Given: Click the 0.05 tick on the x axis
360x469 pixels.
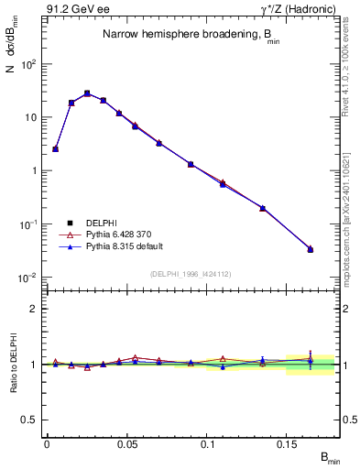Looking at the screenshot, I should [126, 443].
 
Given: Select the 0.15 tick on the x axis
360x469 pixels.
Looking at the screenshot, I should [287, 443].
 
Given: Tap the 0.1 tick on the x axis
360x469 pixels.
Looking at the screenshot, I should [207, 443].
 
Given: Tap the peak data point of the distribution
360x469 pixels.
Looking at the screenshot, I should [87, 93].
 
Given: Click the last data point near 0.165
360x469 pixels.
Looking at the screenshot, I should [311, 249].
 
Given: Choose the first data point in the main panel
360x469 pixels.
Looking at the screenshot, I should [55, 148].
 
